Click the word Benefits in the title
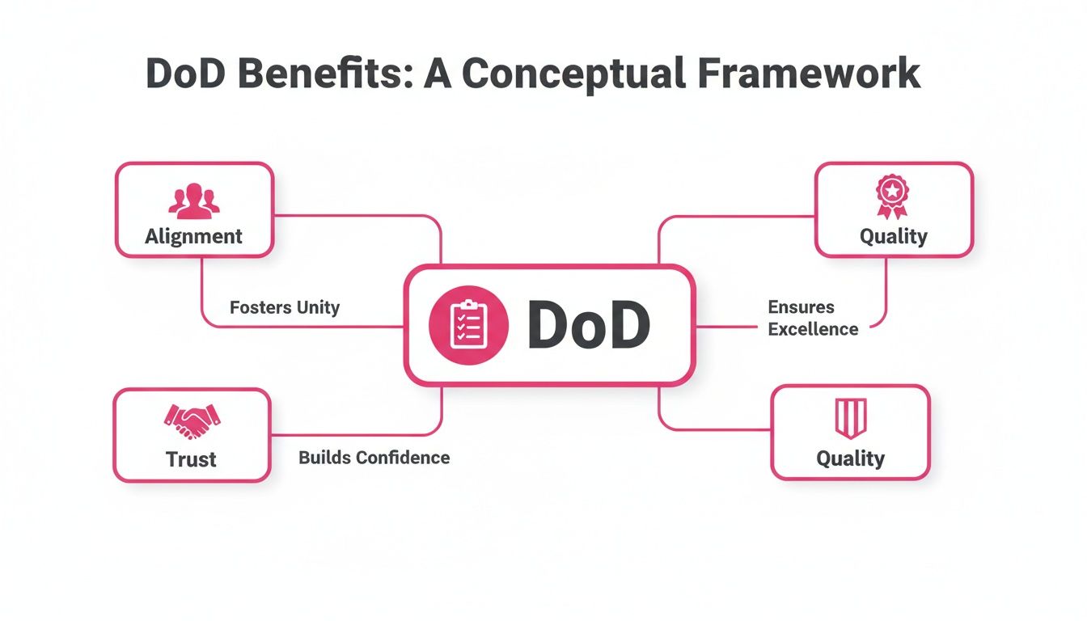coord(324,73)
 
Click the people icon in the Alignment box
coord(194,201)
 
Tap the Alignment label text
coord(193,237)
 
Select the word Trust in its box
coord(191,459)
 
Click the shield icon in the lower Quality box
coord(850,418)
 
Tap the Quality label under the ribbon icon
coord(893,236)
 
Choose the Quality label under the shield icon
coord(850,458)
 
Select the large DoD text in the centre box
coord(589,327)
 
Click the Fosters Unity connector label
coord(285,307)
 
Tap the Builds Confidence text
coord(374,458)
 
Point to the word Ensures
coord(801,307)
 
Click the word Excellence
coord(813,329)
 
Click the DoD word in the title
coord(191,73)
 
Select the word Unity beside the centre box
coord(317,307)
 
